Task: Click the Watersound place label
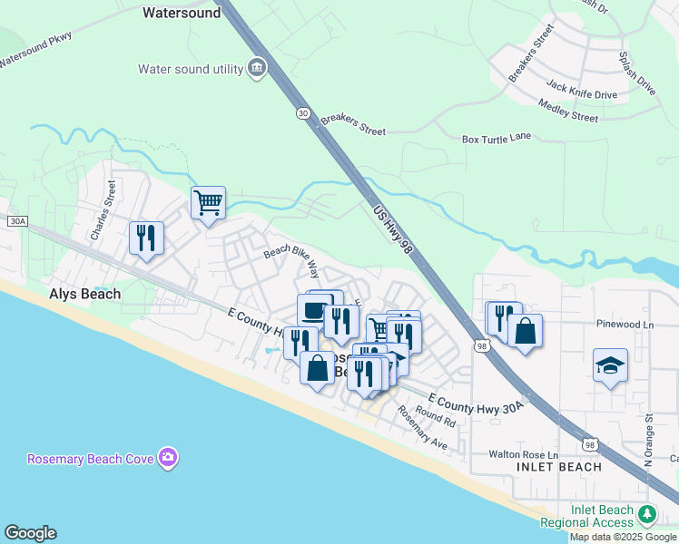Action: point(182,14)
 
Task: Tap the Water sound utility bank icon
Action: point(257,68)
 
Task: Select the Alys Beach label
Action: point(84,295)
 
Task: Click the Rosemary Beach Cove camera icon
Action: point(167,458)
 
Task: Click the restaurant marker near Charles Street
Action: point(146,237)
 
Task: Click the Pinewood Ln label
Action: point(625,324)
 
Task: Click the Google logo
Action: point(30,533)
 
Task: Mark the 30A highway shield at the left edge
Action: point(16,221)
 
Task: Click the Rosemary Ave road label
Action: point(421,427)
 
